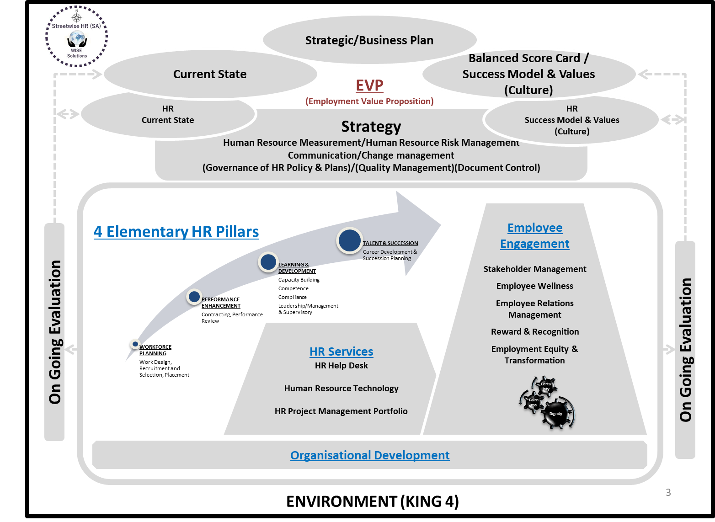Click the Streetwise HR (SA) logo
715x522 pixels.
(x=76, y=37)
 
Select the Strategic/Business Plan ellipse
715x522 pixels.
(x=369, y=40)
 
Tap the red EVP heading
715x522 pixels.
(x=369, y=85)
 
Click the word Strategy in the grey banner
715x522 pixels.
(x=371, y=126)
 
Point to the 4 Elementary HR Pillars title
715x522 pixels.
(x=176, y=232)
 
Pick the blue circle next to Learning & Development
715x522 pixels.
(x=268, y=262)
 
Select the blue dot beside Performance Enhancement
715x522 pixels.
(x=194, y=297)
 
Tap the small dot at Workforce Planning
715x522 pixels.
(x=135, y=344)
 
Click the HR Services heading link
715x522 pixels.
(x=341, y=352)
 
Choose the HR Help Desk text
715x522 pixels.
(x=341, y=366)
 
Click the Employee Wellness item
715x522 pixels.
(x=534, y=286)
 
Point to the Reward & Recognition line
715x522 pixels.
(x=534, y=332)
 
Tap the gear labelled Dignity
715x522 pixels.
(x=555, y=413)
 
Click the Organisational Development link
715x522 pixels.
(x=370, y=455)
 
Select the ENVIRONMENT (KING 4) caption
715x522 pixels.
(x=372, y=501)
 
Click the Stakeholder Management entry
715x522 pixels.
(x=534, y=269)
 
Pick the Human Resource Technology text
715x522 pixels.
(x=341, y=389)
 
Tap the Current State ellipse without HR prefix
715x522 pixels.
(x=210, y=74)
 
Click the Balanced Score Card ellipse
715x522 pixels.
(x=528, y=74)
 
